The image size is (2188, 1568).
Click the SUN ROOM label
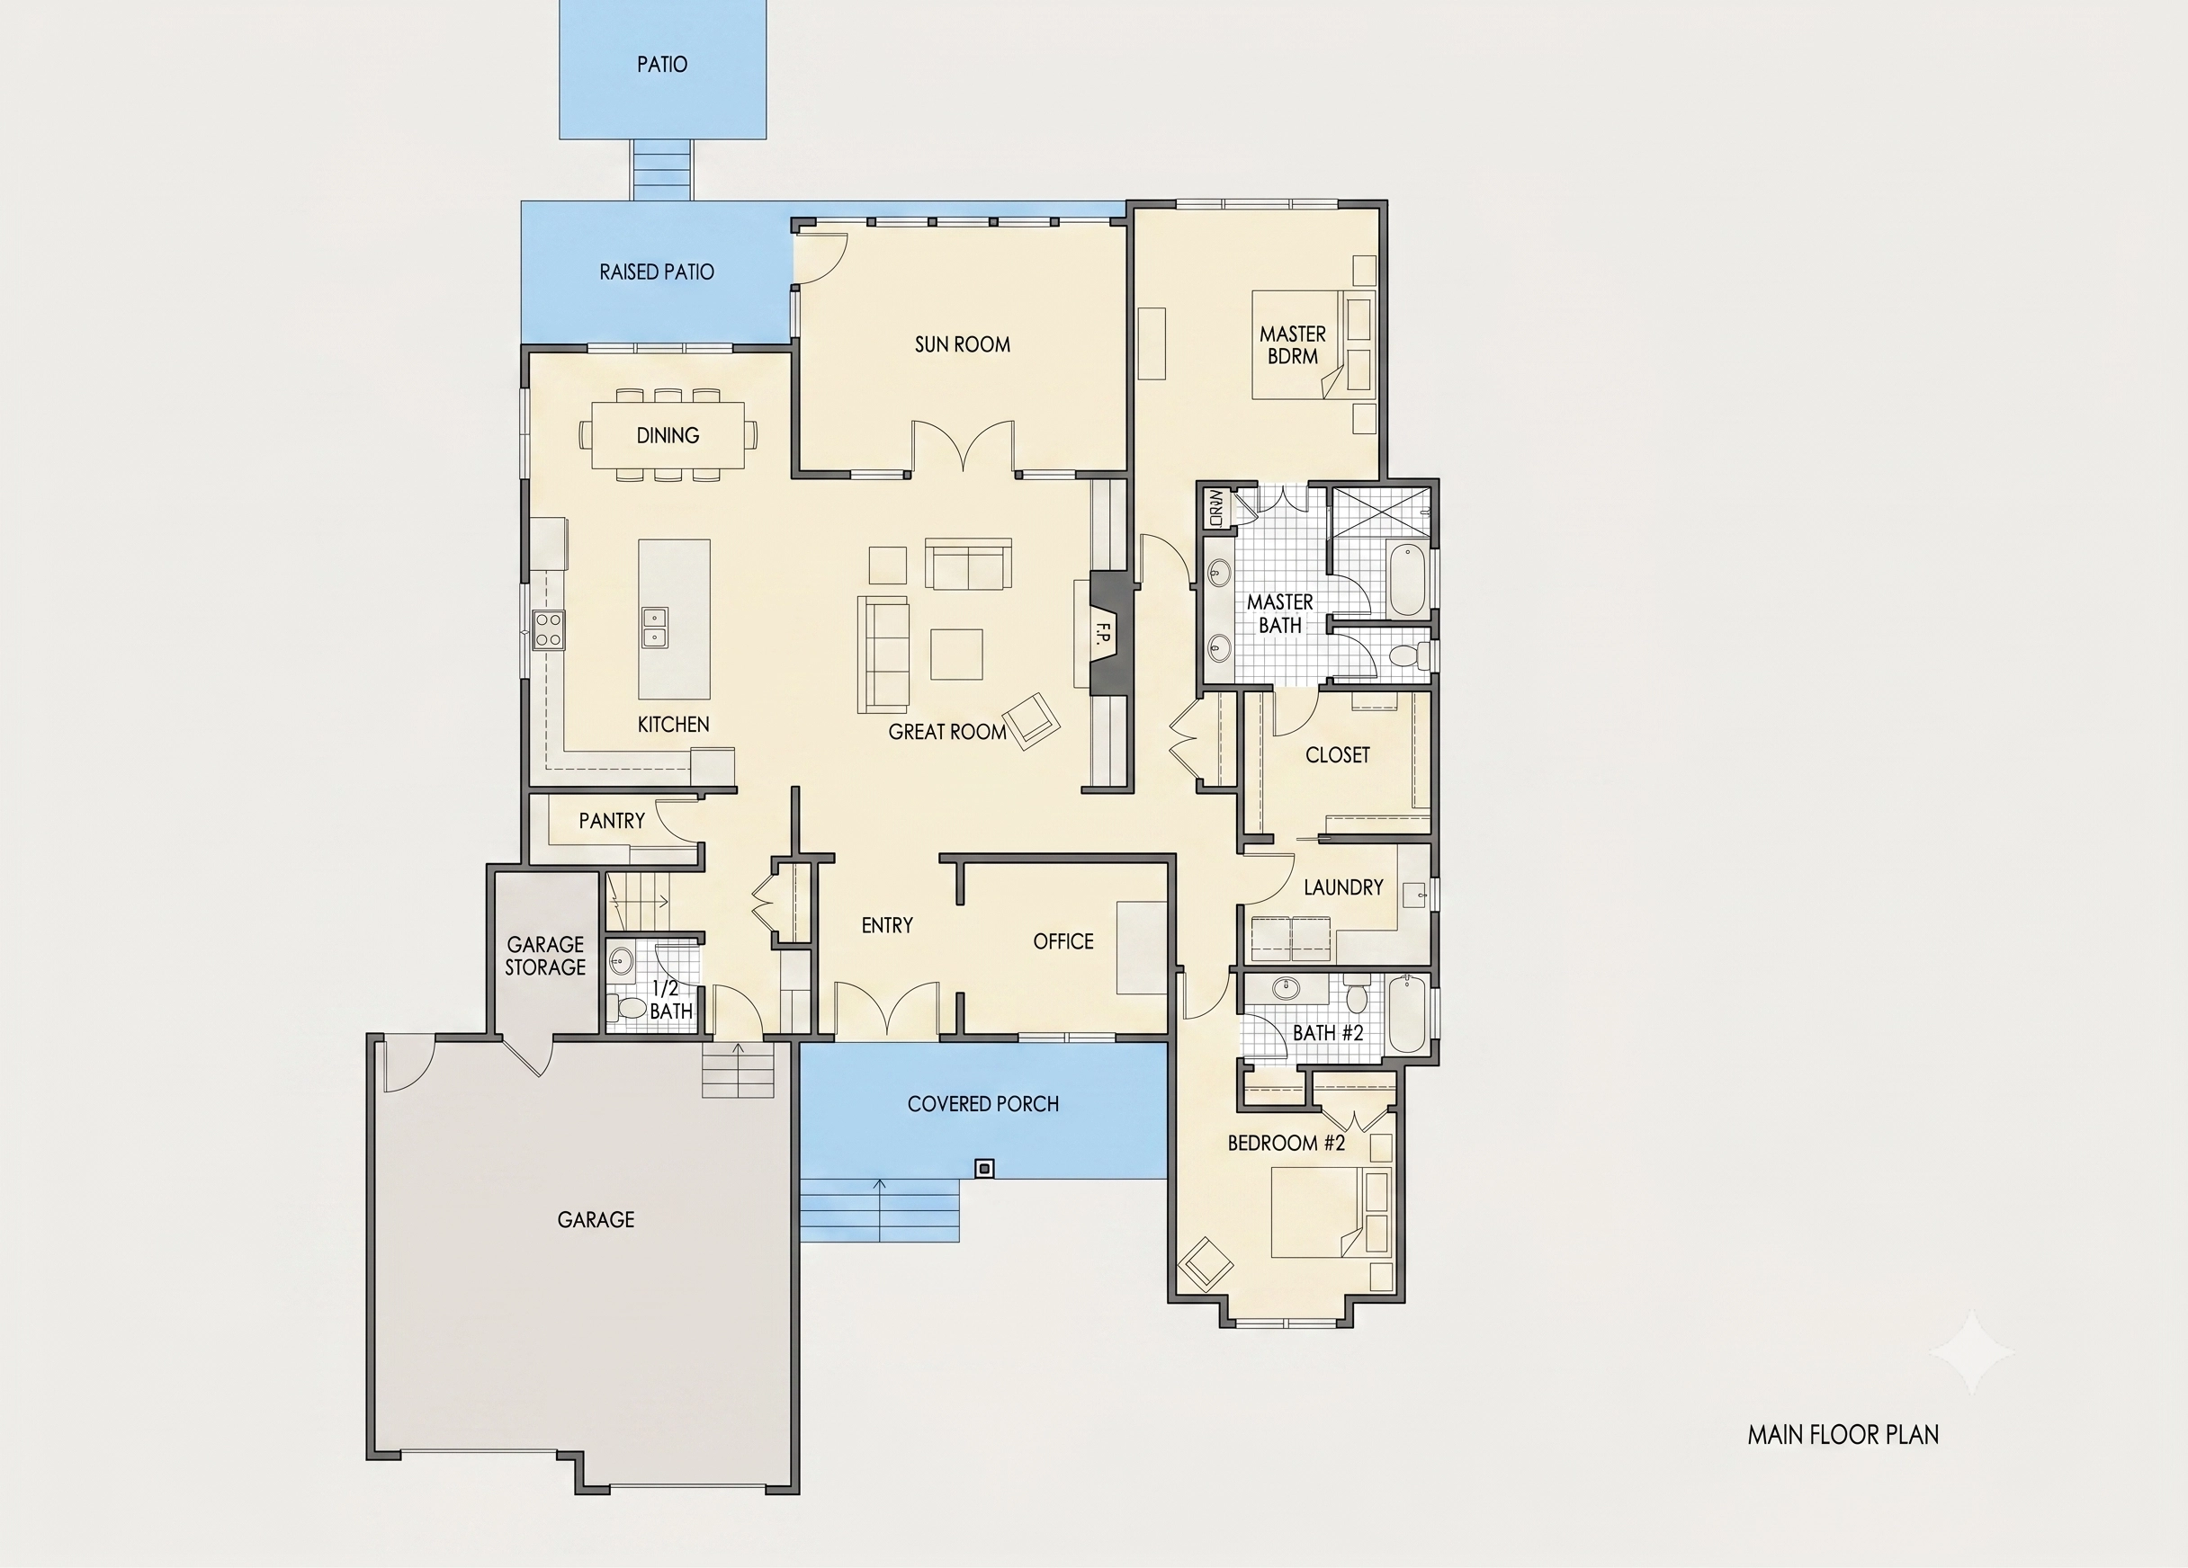962,344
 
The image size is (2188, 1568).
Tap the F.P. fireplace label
1104,634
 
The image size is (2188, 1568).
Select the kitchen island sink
654,626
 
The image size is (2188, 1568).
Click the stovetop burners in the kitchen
549,629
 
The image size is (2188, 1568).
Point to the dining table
668,435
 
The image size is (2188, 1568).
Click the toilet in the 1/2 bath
631,1009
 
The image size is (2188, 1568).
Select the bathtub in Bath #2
1406,1014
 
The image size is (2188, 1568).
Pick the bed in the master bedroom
1313,344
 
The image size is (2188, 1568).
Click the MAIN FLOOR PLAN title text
1843,1435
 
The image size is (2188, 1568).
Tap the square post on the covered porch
984,1168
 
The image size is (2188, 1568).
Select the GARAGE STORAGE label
545,956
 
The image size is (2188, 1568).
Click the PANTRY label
612,821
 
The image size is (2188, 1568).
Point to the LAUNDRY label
1343,887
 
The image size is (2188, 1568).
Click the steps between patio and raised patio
662,170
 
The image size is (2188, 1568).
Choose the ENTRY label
886,926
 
